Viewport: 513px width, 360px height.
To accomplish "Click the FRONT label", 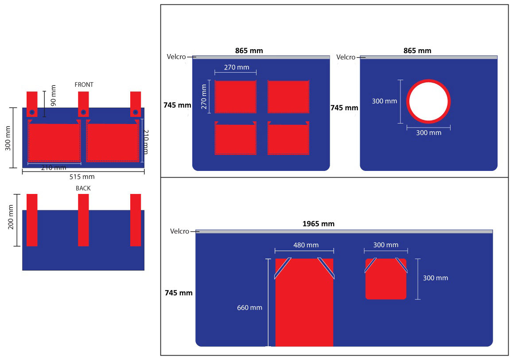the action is coord(84,85).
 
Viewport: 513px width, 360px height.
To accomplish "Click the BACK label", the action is coord(83,188).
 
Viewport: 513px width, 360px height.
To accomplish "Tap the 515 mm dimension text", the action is coord(82,177).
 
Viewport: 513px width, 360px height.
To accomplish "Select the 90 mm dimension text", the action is coord(53,96).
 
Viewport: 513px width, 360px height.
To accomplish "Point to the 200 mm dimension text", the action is coord(11,217).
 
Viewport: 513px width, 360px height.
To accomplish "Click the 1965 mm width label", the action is coord(319,224).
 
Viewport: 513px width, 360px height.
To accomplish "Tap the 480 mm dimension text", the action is coord(306,245).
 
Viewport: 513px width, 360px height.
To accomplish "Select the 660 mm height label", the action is coord(249,308).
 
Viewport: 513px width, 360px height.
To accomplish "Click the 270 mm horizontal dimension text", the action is coord(237,67).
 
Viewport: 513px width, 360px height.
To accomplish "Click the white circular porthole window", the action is coord(428,102).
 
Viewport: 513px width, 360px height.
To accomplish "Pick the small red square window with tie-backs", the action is coord(386,279).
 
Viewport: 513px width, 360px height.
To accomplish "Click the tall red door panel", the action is coord(304,302).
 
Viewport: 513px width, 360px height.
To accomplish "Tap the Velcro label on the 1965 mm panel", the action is coord(179,231).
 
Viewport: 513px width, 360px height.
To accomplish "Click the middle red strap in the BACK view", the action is coord(83,220).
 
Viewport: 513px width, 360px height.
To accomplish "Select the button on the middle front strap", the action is coord(83,112).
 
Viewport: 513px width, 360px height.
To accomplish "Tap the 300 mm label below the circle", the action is coord(428,133).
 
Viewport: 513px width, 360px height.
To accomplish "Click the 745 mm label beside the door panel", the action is coord(179,293).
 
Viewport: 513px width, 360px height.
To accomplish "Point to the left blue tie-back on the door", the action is coord(283,268).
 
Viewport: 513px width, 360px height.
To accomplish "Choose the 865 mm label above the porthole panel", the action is coord(417,50).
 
